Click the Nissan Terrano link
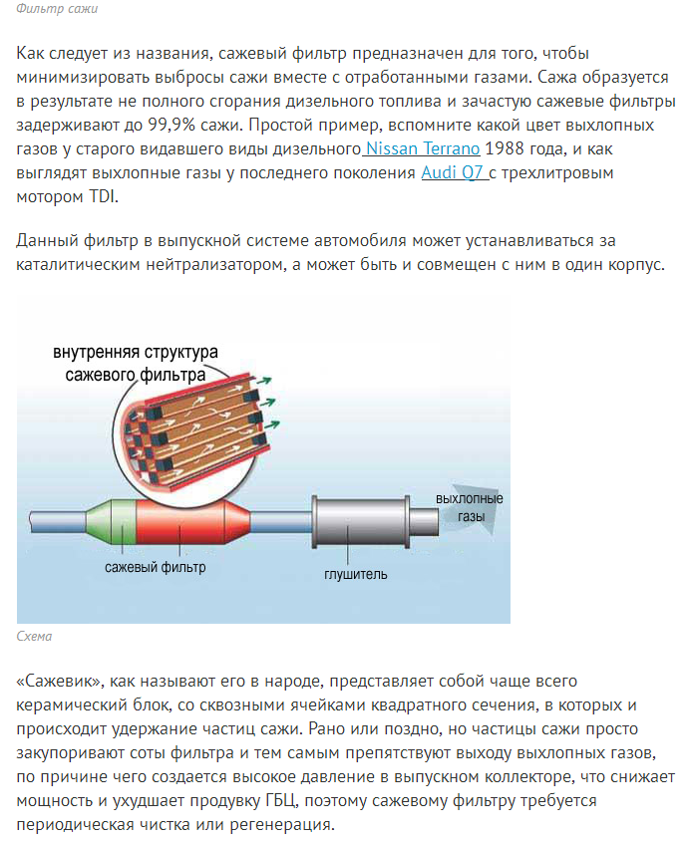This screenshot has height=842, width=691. pos(422,148)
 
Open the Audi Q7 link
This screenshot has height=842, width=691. pos(455,172)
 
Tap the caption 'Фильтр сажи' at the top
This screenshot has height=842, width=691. pos(57,9)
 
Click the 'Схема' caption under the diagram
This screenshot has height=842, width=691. pos(34,637)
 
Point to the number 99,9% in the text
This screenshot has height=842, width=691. pos(171,125)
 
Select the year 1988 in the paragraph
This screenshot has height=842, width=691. pos(504,148)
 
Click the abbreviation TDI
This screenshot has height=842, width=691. pos(102,196)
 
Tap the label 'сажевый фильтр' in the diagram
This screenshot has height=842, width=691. pos(156,568)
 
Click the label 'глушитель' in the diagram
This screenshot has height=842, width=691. pos(356,574)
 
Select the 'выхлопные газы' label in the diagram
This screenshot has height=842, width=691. pos(470,507)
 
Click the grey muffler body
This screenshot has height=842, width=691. pos(360,522)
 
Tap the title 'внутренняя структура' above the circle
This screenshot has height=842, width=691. pos(136,352)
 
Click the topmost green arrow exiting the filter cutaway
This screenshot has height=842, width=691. pos(263,381)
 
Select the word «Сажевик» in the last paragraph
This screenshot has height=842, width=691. pos(59,681)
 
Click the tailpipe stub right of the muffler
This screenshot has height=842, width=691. pos(425,521)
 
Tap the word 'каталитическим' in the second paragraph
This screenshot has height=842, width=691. pos(79,265)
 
